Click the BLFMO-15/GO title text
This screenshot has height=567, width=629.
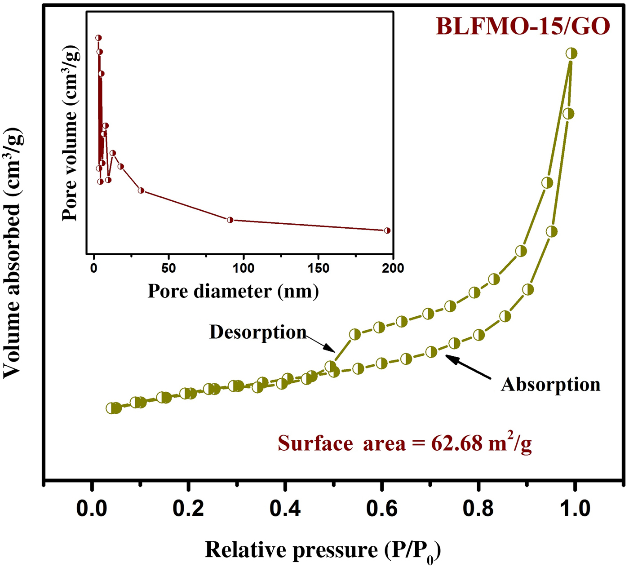tap(523, 27)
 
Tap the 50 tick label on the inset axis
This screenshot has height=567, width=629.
tap(168, 269)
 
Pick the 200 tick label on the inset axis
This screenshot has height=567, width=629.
tap(393, 269)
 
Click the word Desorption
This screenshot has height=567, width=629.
tap(258, 332)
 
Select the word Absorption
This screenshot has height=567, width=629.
tap(550, 385)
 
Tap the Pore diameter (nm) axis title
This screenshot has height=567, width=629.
tap(233, 291)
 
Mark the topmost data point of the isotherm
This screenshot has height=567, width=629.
tap(571, 53)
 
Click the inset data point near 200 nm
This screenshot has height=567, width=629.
tap(387, 230)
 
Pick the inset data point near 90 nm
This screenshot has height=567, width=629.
tap(230, 220)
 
